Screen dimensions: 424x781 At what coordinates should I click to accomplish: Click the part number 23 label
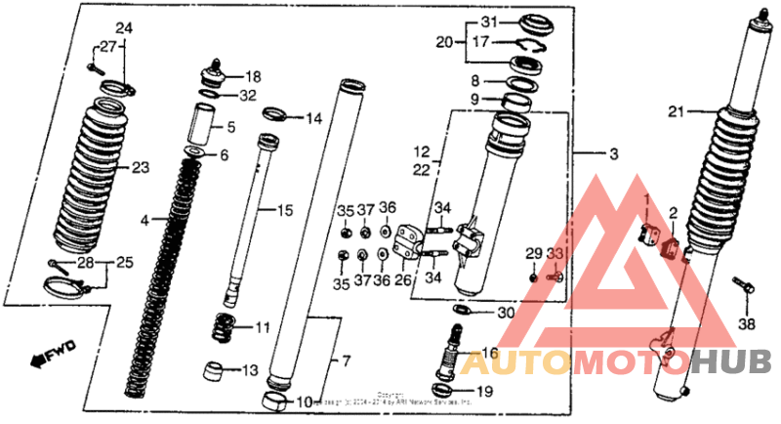(141, 168)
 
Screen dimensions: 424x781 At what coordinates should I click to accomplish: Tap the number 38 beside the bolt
(747, 324)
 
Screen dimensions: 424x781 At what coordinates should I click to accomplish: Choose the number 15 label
(284, 210)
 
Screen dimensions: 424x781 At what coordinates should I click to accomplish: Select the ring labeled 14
(275, 115)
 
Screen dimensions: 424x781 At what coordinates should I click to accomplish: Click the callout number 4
(144, 222)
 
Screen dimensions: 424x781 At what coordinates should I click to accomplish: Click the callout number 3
(613, 155)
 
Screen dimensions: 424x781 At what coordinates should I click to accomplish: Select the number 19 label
(484, 392)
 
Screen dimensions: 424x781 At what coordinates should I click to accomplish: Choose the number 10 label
(304, 402)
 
